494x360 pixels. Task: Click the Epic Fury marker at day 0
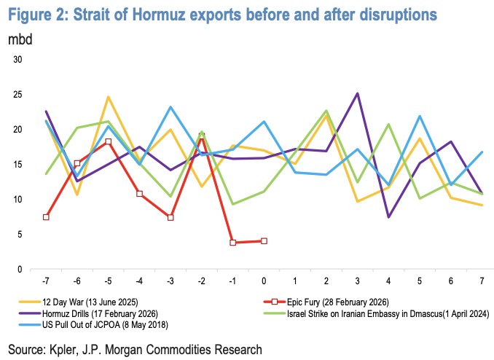pyautogui.click(x=264, y=241)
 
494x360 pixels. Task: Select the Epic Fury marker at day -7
pyautogui.click(x=46, y=217)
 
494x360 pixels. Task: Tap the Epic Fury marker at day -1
pyautogui.click(x=232, y=243)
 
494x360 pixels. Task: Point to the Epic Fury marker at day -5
pyautogui.click(x=108, y=141)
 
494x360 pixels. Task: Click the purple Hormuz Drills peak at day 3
pyautogui.click(x=357, y=93)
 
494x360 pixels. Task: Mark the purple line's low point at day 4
pyautogui.click(x=388, y=217)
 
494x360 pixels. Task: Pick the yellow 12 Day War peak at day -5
pyautogui.click(x=108, y=97)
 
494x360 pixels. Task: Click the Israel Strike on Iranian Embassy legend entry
pyautogui.click(x=386, y=313)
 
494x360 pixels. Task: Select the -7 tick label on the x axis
pyautogui.click(x=46, y=281)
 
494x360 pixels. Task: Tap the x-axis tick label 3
pyautogui.click(x=358, y=281)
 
